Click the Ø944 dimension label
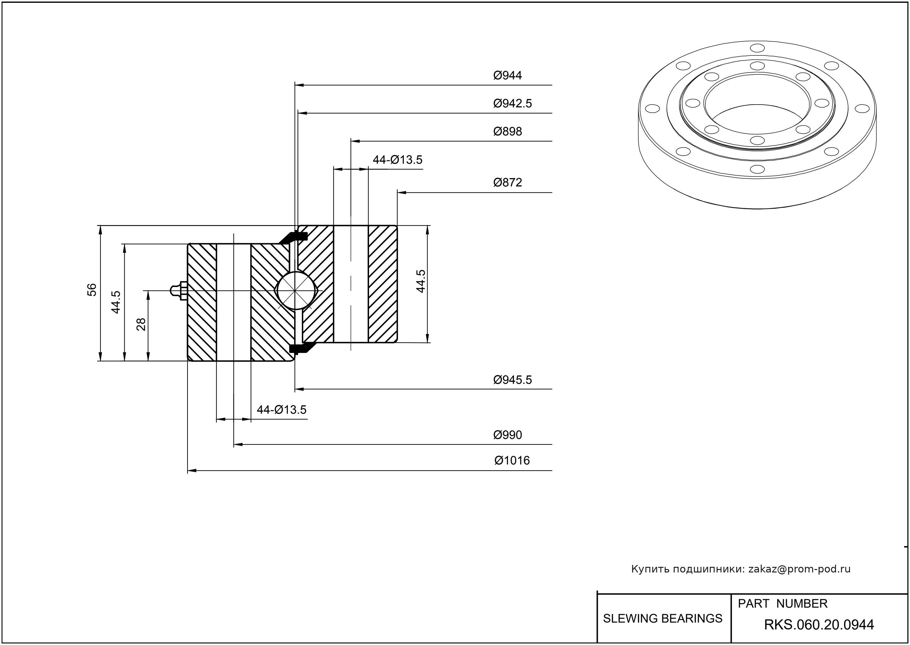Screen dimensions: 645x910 coord(507,75)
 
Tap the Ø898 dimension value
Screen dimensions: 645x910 coord(507,131)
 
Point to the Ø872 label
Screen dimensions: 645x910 coord(507,183)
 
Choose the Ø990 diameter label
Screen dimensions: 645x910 coord(507,435)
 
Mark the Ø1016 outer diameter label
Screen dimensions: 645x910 coord(512,461)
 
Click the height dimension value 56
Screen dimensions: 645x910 coord(92,290)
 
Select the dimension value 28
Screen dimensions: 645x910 coord(141,324)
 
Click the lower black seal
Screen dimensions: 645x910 coord(300,348)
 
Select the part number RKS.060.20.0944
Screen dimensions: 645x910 coord(819,625)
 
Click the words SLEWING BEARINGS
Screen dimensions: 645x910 coord(663,619)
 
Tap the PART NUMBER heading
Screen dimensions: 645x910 coord(782,604)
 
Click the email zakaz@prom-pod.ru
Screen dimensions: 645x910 coord(799,569)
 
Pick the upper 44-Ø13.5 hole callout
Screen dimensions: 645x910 coord(397,160)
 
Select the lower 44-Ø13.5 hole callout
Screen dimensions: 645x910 coord(282,410)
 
